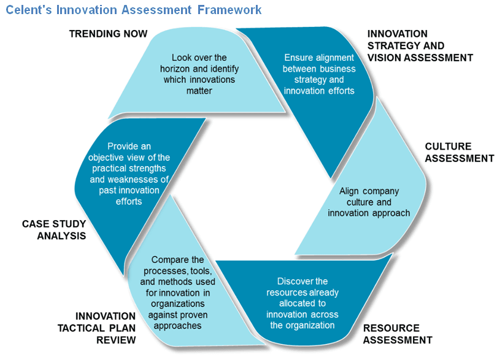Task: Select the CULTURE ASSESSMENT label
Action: point(459,153)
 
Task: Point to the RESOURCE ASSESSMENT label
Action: point(397,334)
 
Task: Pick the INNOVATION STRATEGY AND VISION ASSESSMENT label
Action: point(420,46)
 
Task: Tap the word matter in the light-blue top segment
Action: point(199,91)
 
